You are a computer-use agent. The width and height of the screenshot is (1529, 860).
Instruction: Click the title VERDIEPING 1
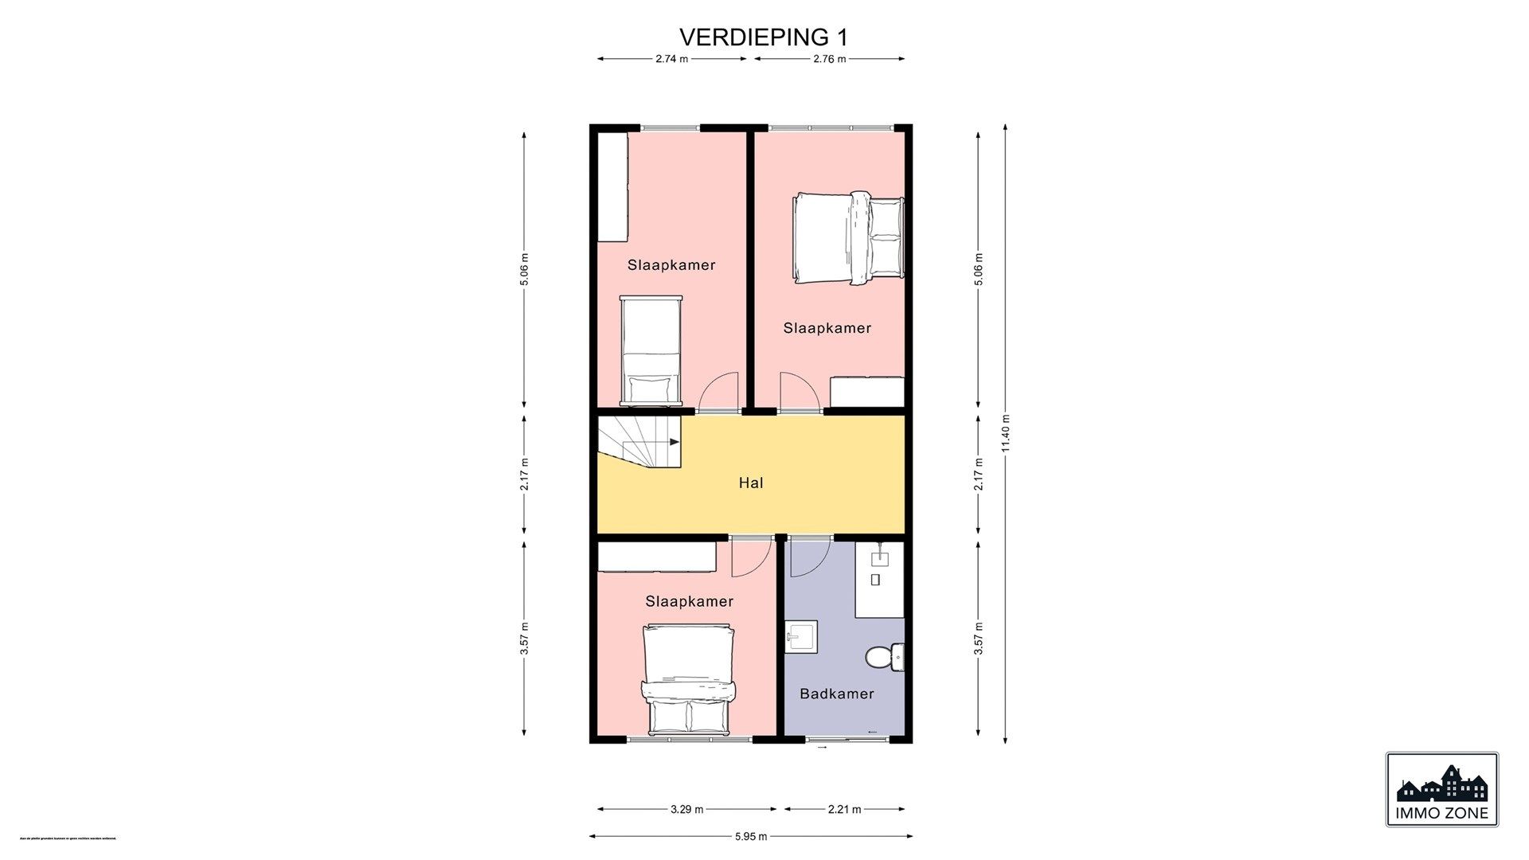pyautogui.click(x=763, y=37)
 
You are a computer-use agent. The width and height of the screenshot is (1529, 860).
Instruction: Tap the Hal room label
pyautogui.click(x=751, y=483)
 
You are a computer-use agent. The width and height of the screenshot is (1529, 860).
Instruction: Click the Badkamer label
pyautogui.click(x=836, y=694)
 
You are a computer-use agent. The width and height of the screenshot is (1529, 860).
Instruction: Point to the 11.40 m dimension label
pyautogui.click(x=1006, y=433)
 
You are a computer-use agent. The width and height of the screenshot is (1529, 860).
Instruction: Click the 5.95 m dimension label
pyautogui.click(x=751, y=836)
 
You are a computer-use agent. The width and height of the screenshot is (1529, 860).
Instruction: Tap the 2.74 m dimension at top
pyautogui.click(x=671, y=59)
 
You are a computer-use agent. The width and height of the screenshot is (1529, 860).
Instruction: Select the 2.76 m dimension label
pyautogui.click(x=829, y=59)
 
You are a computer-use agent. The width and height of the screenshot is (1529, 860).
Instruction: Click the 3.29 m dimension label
pyautogui.click(x=686, y=810)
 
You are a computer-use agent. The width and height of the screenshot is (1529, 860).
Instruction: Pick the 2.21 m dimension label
pyautogui.click(x=844, y=810)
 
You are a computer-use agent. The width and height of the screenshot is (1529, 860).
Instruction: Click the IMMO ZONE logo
pyautogui.click(x=1441, y=789)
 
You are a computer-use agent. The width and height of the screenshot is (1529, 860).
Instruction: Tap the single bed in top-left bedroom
pyautogui.click(x=651, y=350)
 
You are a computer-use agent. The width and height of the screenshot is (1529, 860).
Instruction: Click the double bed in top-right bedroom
pyautogui.click(x=849, y=236)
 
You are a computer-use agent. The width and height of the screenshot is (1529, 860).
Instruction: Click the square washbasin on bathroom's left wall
pyautogui.click(x=802, y=638)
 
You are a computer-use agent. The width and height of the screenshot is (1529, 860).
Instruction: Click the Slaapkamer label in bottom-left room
pyautogui.click(x=689, y=601)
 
